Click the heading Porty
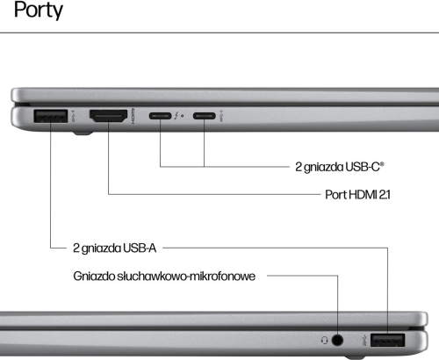tap(39, 11)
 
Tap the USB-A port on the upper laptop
tap(51, 116)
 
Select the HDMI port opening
tap(108, 116)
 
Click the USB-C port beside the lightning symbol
tap(160, 116)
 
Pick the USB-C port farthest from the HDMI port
tap(205, 116)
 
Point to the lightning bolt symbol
tap(176, 116)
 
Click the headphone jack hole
tap(337, 340)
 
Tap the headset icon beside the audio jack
tap(324, 340)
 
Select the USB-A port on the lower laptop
tap(387, 340)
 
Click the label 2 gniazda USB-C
tap(340, 167)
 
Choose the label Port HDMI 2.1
tap(357, 195)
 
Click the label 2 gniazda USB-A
tap(114, 248)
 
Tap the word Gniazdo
tap(94, 276)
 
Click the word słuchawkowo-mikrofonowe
tap(186, 276)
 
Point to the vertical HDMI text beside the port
tap(133, 116)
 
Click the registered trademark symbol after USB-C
tap(382, 164)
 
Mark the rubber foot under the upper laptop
tap(83, 133)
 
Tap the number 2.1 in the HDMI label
tap(385, 195)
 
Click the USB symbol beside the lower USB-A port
tap(364, 340)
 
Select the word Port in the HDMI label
tap(335, 195)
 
